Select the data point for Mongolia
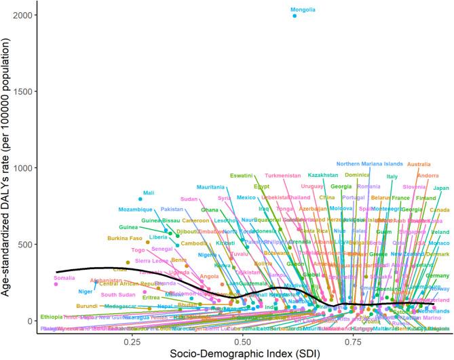295,16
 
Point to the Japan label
441,188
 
